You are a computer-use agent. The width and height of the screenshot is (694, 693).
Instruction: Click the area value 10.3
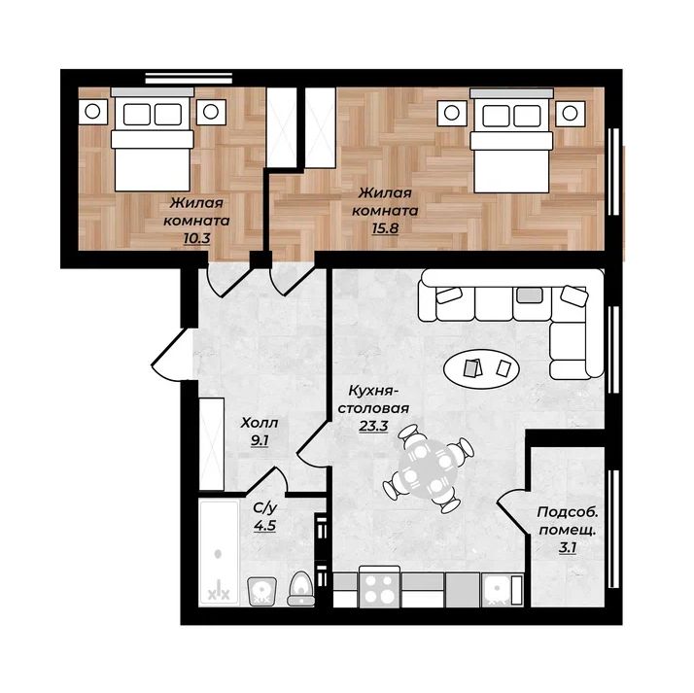[197, 238]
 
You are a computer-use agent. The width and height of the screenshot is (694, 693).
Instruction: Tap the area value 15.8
[385, 228]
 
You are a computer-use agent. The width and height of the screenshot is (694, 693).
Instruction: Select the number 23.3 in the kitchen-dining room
[373, 426]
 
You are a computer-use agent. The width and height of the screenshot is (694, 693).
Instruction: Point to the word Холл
[260, 423]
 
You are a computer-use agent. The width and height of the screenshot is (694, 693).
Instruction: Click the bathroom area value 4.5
[265, 526]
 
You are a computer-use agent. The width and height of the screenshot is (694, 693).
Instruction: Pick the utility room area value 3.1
[568, 548]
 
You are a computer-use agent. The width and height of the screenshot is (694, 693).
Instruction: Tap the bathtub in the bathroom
[219, 553]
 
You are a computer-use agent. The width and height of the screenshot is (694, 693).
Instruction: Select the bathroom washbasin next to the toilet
[262, 591]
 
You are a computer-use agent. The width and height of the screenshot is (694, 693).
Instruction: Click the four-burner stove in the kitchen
[380, 587]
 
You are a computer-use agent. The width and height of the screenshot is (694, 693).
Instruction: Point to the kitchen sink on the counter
[497, 590]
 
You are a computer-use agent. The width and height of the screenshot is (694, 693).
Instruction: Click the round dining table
[428, 468]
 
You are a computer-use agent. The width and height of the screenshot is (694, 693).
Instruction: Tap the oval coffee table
[482, 368]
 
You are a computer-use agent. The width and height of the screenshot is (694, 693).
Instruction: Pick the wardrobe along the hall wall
[212, 444]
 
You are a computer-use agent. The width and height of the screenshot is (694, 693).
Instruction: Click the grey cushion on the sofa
[530, 295]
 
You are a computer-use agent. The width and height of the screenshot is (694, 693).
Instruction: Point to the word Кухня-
[373, 391]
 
